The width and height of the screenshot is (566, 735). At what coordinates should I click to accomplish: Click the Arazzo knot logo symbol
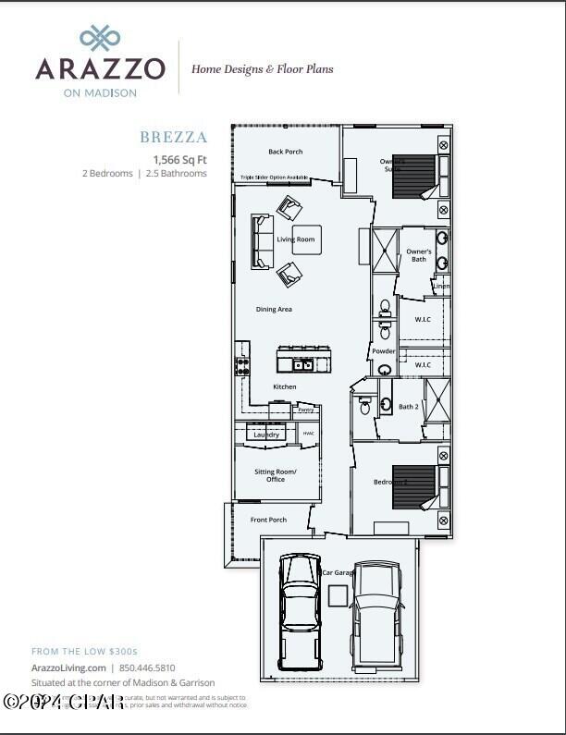(100, 38)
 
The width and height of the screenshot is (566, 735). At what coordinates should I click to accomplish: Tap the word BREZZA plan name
(173, 138)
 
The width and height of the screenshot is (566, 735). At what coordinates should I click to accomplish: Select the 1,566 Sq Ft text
(179, 159)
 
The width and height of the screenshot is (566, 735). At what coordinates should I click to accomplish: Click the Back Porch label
(286, 152)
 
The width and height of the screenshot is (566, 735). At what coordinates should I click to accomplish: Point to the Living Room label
(296, 239)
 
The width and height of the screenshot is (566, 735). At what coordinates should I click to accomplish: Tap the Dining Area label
(274, 309)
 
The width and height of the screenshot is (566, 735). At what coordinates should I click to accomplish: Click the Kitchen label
(285, 386)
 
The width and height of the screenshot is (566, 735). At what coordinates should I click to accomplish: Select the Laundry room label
(266, 435)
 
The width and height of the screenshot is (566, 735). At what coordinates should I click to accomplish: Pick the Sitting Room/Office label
(276, 475)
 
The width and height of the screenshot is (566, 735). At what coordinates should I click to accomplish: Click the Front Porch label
(269, 520)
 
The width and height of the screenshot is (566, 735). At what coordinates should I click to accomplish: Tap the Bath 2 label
(409, 407)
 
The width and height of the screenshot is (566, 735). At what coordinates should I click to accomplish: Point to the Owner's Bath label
(419, 255)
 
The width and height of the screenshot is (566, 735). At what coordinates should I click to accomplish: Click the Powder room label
(384, 351)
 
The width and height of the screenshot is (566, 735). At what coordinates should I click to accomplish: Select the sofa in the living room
(262, 239)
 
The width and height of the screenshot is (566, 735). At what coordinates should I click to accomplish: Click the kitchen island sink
(301, 364)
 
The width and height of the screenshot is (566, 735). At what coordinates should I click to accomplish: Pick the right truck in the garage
(377, 610)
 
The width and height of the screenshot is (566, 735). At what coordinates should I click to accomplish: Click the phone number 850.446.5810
(147, 668)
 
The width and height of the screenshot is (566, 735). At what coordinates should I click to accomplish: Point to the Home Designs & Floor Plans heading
(262, 68)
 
